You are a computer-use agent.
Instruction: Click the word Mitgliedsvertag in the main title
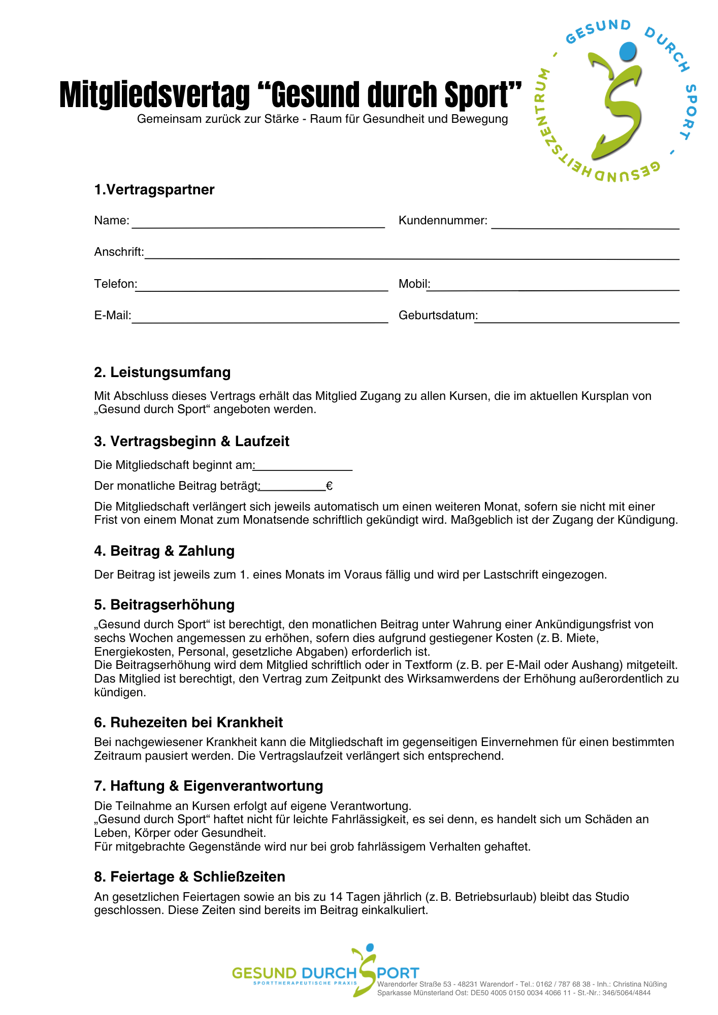coord(155,95)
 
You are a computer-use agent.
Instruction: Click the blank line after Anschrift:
coord(411,256)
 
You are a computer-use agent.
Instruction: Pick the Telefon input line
coord(262,287)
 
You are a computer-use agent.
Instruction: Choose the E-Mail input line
coord(259,319)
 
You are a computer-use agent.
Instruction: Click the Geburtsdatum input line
coord(577,319)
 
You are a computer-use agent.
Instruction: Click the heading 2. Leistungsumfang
coord(162,373)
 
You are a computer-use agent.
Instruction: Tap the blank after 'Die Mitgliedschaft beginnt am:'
coord(303,467)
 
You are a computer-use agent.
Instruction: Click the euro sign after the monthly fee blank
coord(330,486)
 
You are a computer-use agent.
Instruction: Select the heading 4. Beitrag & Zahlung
coord(165,551)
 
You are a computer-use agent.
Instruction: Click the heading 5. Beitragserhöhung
coord(165,605)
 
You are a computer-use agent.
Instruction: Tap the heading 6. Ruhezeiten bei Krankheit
coord(188,723)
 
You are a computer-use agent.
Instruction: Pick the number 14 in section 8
coord(336,897)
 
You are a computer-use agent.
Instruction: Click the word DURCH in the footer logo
coord(329,973)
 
